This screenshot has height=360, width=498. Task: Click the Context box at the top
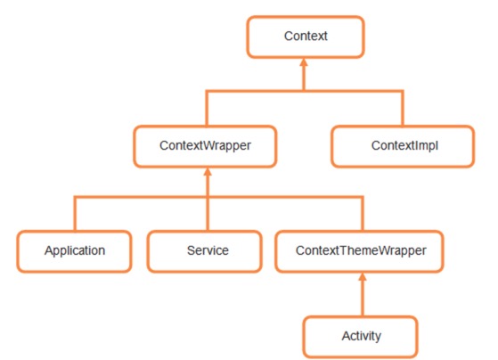click(x=306, y=37)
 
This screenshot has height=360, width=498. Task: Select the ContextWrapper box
click(x=205, y=146)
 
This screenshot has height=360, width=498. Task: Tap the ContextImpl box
click(x=403, y=146)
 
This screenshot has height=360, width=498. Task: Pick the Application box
click(x=74, y=251)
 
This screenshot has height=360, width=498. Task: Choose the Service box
click(x=205, y=251)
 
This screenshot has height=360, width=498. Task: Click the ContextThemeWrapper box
click(x=359, y=251)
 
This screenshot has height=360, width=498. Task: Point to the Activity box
click(x=360, y=337)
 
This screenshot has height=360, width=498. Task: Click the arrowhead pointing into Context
click(x=304, y=62)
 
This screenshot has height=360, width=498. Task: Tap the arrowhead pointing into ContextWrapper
click(x=208, y=172)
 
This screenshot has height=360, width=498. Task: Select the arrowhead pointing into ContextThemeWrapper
click(x=363, y=277)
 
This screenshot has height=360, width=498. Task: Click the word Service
click(x=208, y=250)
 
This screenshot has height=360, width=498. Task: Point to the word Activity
click(x=362, y=336)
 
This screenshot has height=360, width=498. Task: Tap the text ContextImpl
click(x=404, y=145)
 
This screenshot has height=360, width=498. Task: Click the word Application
click(x=75, y=250)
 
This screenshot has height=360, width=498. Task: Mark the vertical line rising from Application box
click(x=75, y=214)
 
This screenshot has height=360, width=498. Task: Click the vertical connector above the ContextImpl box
click(x=403, y=109)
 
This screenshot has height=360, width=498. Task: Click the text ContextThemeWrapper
click(x=361, y=250)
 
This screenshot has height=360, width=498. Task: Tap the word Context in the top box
click(x=306, y=36)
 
